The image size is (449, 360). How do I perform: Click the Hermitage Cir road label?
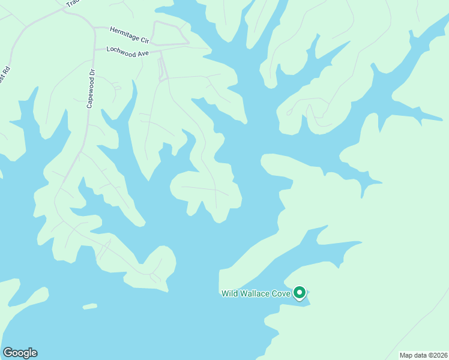(129, 34)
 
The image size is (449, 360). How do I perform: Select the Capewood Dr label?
(91, 89)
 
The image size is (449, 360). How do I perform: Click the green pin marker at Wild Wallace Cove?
(300, 293)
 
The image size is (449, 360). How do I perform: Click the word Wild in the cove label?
(230, 293)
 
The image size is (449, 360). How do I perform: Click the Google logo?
(20, 353)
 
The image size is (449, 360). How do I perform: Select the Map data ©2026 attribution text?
(423, 355)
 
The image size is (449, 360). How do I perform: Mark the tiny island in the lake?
(89, 307)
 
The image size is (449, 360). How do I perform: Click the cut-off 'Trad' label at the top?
(72, 3)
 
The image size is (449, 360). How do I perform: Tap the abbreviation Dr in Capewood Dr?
(92, 72)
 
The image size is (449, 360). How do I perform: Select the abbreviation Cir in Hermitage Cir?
(144, 38)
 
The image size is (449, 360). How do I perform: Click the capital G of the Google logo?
(8, 353)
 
